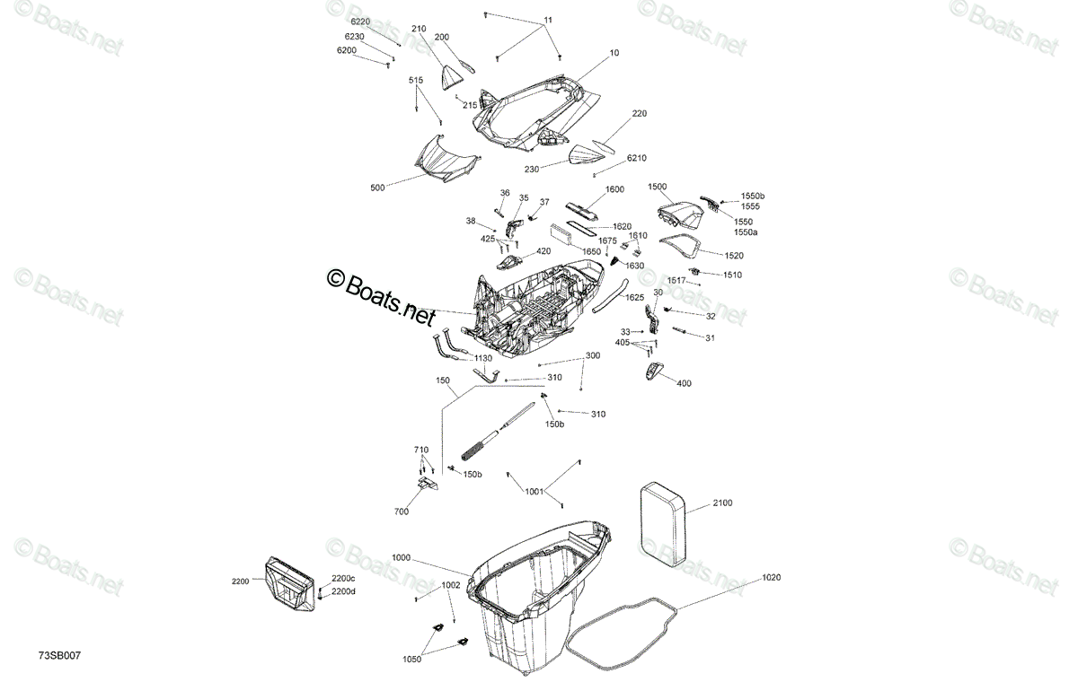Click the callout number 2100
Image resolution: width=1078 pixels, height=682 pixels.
click(x=722, y=503)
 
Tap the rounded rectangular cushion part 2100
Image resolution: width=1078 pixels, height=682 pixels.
click(x=663, y=524)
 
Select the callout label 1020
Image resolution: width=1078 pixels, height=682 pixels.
click(x=771, y=577)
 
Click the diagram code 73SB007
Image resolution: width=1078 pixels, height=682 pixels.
click(x=59, y=656)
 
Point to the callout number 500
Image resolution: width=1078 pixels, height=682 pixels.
click(x=377, y=188)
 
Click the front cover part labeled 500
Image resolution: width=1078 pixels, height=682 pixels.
click(x=110, y=159)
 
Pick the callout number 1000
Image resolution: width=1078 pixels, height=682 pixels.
click(x=401, y=557)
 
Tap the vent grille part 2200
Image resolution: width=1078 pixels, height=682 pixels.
click(x=289, y=584)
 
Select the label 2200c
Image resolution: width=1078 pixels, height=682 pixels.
click(x=343, y=579)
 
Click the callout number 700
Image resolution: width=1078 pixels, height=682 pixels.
click(x=402, y=511)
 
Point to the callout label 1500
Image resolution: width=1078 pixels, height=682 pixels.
click(x=658, y=187)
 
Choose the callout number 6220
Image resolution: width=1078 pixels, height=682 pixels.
click(x=360, y=22)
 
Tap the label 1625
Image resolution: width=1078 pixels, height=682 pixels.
click(x=634, y=298)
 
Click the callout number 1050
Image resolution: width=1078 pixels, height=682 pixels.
click(x=412, y=660)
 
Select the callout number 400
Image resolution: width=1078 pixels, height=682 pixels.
click(x=684, y=383)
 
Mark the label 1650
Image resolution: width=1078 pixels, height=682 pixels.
click(x=591, y=251)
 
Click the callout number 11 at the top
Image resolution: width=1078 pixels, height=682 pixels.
click(x=548, y=20)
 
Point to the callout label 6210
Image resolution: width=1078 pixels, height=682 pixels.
click(x=637, y=158)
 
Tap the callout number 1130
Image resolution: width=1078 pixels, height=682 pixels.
click(x=483, y=359)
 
